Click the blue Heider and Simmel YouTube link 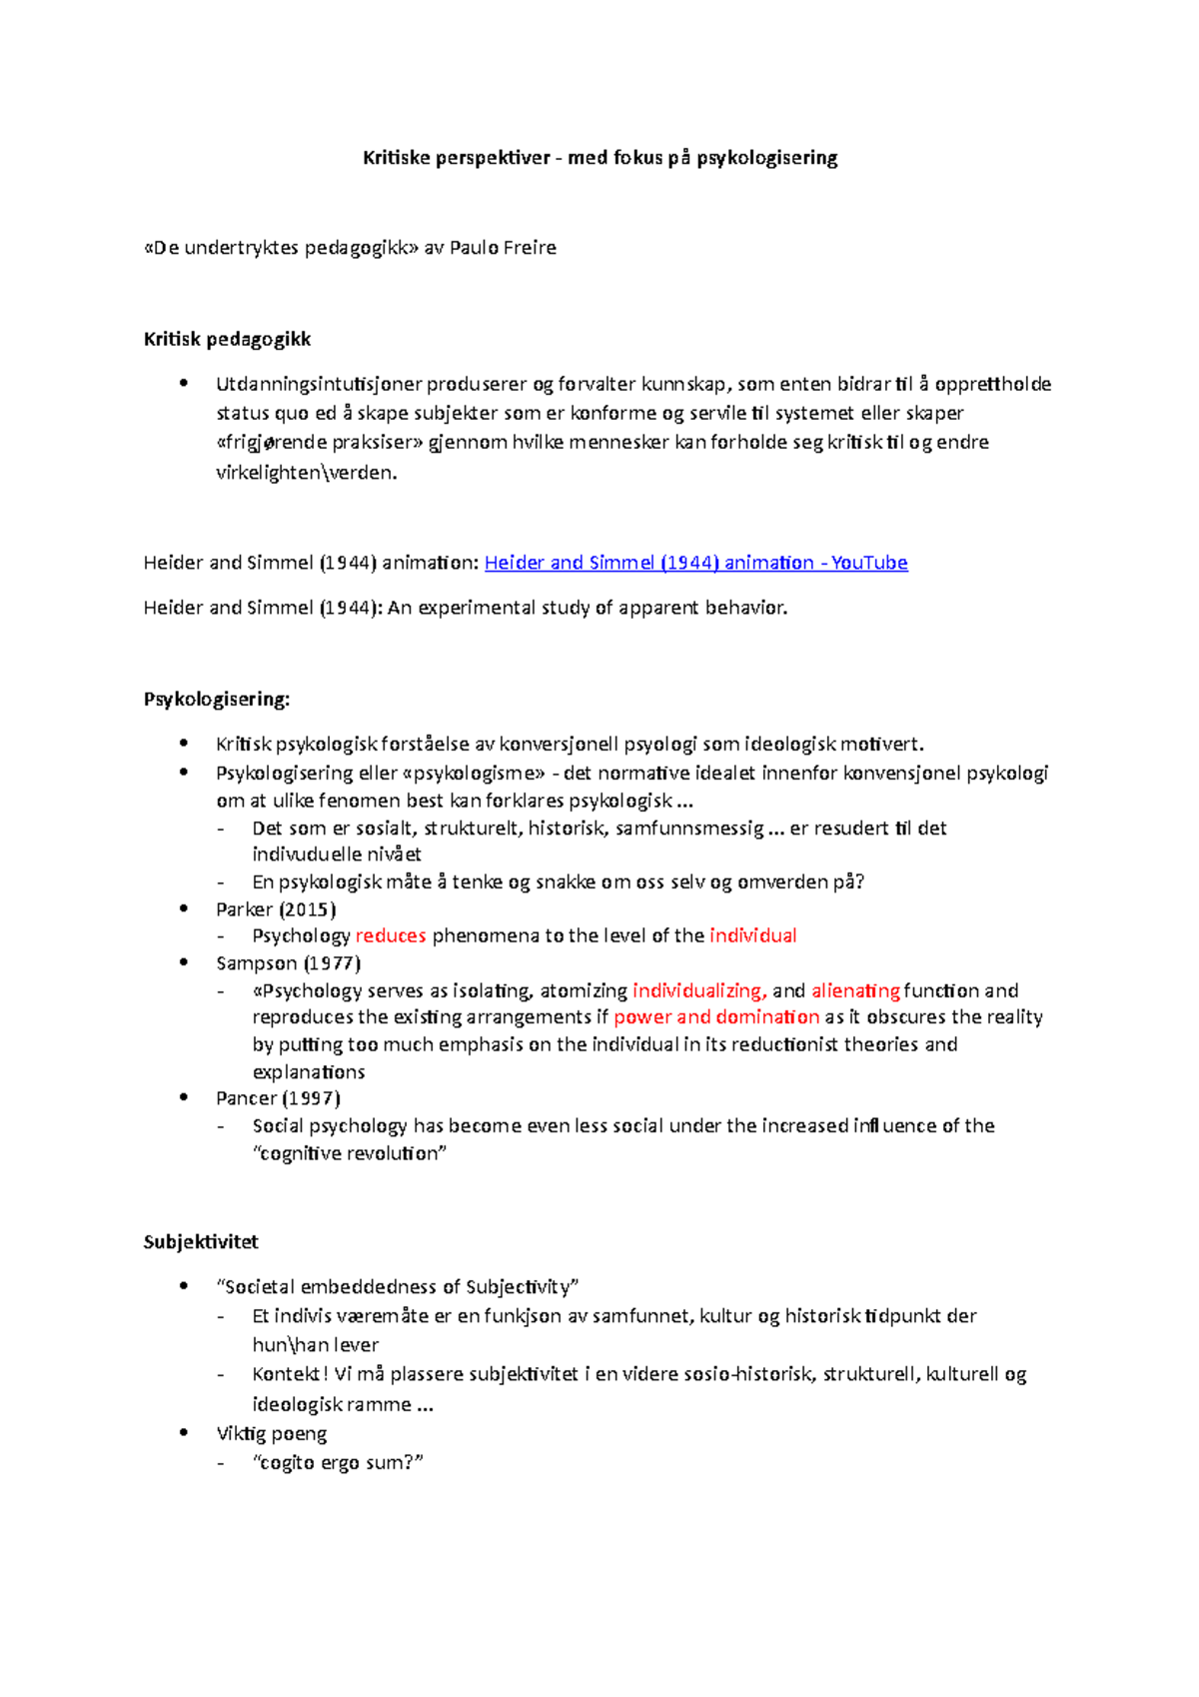[695, 563]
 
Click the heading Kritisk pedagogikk [227, 340]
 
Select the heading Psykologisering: [217, 700]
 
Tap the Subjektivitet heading [201, 1242]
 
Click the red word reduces [391, 936]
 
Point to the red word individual [752, 936]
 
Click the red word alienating [855, 991]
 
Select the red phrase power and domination [716, 1017]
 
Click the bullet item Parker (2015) [276, 909]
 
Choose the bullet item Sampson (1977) [288, 963]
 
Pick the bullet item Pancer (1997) [278, 1098]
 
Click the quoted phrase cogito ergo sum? [339, 1463]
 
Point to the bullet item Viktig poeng [271, 1434]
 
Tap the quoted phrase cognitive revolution [350, 1153]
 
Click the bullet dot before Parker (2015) [184, 908]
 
